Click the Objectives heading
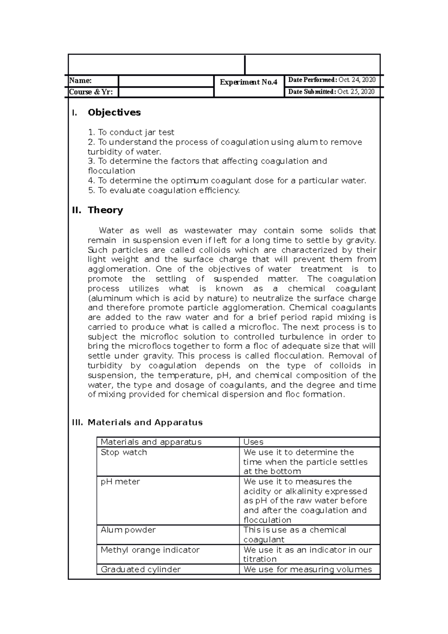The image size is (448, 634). click(114, 112)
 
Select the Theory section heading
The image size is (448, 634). click(105, 210)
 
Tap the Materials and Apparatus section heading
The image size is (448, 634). click(145, 422)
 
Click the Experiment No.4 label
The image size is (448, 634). click(249, 82)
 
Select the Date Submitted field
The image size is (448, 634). click(331, 92)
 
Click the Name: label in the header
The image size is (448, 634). click(81, 81)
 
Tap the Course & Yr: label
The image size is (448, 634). click(91, 92)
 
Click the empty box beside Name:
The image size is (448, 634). click(166, 81)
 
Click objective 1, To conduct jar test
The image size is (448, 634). click(131, 132)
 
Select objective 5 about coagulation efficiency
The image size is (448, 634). click(164, 190)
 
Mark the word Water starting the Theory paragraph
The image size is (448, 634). click(111, 230)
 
